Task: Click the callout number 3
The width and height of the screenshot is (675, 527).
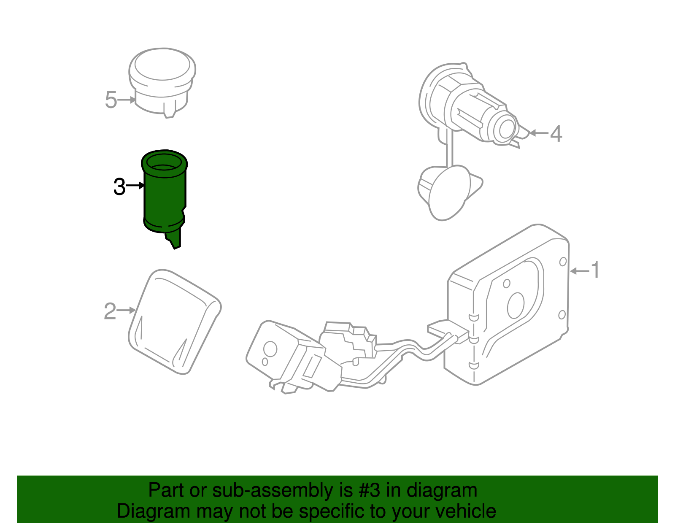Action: pos(119,187)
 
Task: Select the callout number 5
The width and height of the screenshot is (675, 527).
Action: pos(111,100)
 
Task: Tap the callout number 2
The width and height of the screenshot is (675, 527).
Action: pos(110,311)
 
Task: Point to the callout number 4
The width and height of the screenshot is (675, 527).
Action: pos(556,134)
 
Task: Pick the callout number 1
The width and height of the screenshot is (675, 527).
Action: pos(595,270)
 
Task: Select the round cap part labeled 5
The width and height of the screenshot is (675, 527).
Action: pos(162,80)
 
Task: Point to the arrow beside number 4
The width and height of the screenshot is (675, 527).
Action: pos(539,133)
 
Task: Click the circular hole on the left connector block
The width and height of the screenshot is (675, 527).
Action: pos(270,349)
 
